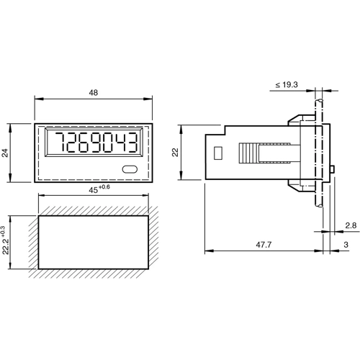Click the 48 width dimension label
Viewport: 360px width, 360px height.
[93, 94]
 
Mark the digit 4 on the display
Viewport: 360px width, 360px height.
[124, 143]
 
